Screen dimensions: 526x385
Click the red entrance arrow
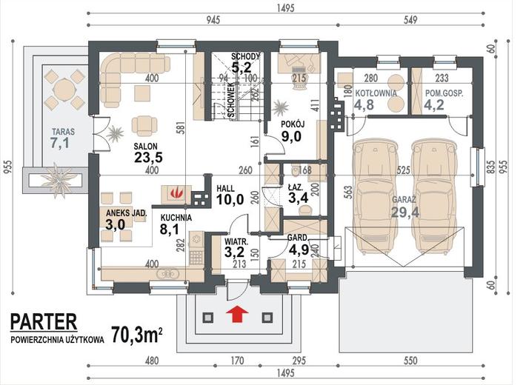(237, 314)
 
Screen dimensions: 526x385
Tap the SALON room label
(146, 147)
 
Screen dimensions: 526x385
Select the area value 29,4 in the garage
(405, 212)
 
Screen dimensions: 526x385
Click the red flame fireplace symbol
(176, 193)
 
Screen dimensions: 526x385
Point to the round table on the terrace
(64, 90)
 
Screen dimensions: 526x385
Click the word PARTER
(44, 321)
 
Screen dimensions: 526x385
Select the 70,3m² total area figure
(137, 335)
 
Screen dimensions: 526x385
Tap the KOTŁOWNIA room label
(376, 93)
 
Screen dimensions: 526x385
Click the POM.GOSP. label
(445, 93)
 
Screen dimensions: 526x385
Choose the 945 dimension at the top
(213, 20)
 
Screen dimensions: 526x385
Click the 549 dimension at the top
(410, 20)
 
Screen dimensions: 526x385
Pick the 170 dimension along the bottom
(237, 361)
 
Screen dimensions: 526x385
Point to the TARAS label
(63, 132)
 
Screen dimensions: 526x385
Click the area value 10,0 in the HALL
(230, 199)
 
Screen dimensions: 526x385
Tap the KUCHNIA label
(176, 218)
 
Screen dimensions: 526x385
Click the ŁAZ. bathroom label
(296, 187)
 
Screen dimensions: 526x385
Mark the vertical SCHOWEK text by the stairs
(231, 100)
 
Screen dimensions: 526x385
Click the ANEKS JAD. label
(126, 213)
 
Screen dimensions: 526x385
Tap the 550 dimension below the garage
(410, 361)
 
